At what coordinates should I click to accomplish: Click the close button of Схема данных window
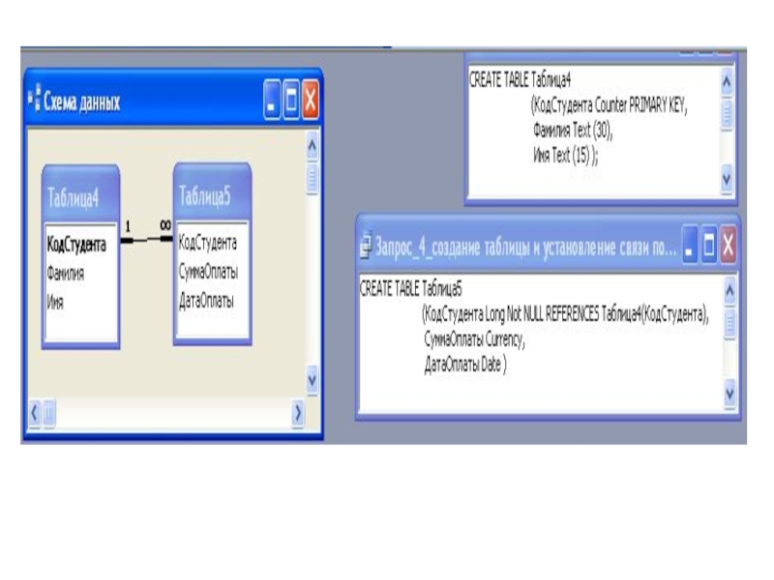click(x=311, y=100)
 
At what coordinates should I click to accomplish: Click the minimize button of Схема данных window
click(x=272, y=100)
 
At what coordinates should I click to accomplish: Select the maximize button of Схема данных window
click(x=291, y=100)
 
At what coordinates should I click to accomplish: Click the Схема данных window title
click(x=81, y=101)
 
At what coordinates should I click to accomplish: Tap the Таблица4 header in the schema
click(x=74, y=199)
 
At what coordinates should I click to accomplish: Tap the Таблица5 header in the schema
click(x=206, y=196)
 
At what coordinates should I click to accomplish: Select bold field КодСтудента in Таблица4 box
click(x=76, y=246)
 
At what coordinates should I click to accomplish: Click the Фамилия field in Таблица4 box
click(x=66, y=274)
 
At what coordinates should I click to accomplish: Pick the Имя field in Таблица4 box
click(x=55, y=302)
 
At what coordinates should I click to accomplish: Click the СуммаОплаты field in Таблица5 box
click(x=208, y=272)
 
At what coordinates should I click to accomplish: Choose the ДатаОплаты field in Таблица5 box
click(x=206, y=300)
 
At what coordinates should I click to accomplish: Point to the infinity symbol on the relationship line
click(x=165, y=224)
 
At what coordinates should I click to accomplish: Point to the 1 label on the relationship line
click(x=127, y=226)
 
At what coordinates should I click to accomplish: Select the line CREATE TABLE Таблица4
click(x=521, y=79)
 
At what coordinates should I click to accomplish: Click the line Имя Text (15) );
click(x=566, y=154)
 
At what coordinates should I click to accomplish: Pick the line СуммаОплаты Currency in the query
click(x=474, y=340)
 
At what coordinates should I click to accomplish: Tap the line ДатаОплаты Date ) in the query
click(x=465, y=366)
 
